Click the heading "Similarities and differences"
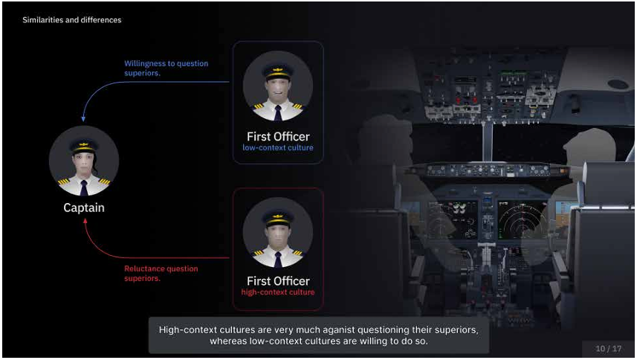tap(72, 20)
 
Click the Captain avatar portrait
tap(84, 161)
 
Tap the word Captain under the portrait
tap(84, 208)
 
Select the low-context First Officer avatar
tap(278, 86)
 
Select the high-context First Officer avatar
tap(278, 232)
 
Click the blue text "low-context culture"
tap(278, 147)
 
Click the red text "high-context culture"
tap(278, 292)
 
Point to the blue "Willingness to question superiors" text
tap(166, 68)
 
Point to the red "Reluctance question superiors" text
tap(161, 274)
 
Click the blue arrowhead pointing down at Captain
tap(83, 119)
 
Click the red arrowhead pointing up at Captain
tap(85, 221)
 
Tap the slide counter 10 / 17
tap(609, 349)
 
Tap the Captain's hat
tap(84, 146)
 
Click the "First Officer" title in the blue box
tap(278, 137)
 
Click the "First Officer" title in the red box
tap(278, 281)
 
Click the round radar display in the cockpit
tap(523, 221)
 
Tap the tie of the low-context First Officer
tap(278, 113)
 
